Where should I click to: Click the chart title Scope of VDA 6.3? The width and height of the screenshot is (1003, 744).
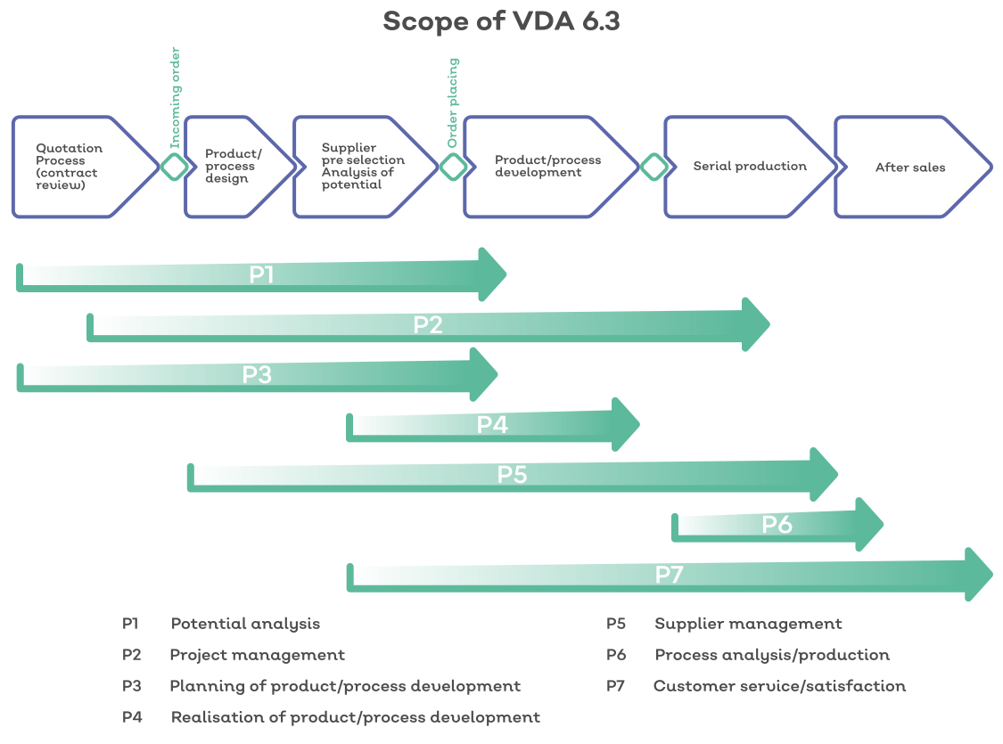501,21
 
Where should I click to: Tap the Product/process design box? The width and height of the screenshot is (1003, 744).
234,167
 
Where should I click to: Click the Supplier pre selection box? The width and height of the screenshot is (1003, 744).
360,167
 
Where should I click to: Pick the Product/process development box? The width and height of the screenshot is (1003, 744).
547,167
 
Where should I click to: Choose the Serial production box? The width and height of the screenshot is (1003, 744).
749,167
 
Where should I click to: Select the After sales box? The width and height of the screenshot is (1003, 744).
909,168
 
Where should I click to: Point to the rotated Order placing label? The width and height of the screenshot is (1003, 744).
453,102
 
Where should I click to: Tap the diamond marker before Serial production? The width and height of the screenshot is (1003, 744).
654,167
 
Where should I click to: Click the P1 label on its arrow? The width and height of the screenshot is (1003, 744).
261,275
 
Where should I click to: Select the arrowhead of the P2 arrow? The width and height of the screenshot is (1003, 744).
756,325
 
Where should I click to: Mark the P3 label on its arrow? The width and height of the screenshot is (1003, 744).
257,375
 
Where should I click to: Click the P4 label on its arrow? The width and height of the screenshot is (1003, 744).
492,425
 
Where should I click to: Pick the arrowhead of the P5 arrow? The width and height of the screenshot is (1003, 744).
824,475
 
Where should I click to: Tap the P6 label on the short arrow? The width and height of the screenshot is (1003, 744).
777,525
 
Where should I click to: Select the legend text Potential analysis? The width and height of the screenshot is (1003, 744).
245,624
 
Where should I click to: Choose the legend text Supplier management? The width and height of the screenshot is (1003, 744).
748,624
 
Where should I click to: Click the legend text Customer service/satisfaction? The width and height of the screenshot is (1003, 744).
779,686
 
